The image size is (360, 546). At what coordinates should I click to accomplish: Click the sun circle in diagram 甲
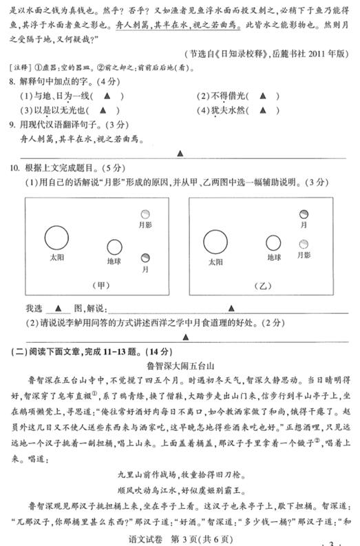[x=56, y=238]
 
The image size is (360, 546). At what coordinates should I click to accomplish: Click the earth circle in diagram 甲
[x=114, y=247]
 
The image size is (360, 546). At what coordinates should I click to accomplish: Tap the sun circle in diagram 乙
[x=215, y=242]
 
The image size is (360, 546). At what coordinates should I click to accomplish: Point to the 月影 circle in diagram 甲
[x=145, y=215]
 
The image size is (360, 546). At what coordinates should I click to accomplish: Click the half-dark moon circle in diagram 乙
[x=303, y=215]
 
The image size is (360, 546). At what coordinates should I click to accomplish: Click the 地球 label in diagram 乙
[x=275, y=257]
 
